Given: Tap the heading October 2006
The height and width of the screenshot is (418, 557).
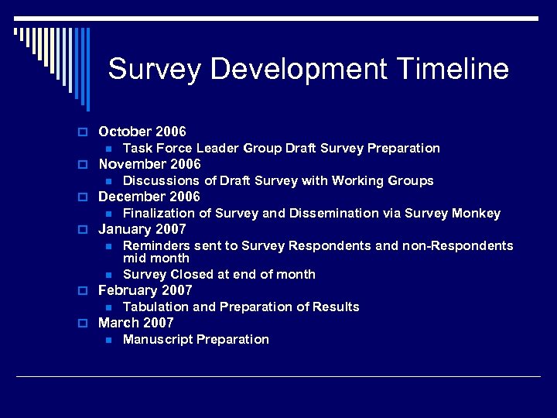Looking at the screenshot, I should pos(142,132).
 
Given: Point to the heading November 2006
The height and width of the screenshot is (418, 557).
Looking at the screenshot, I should pos(149,164).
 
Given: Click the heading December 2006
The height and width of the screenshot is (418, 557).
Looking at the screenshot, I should pos(149,197).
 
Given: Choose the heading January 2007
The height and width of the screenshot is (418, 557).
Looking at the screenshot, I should pos(142,229).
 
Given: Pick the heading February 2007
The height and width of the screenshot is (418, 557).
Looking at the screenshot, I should pos(145,290).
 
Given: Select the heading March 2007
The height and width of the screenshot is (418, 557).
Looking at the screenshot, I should pos(136,323).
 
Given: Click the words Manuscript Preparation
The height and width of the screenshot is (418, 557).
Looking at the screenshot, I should pos(196,339).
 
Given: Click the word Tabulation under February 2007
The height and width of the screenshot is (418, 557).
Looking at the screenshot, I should pos(156,307).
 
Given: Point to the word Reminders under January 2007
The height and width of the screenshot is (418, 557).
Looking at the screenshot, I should pos(155,245).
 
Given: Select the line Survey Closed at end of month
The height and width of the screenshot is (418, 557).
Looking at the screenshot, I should pos(219,274).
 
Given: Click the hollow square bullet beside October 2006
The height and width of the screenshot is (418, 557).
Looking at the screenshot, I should pos(88,132).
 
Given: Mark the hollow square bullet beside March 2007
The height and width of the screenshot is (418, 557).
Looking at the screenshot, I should pos(88,324).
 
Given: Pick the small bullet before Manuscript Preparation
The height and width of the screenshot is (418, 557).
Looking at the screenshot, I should pos(109,340).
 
